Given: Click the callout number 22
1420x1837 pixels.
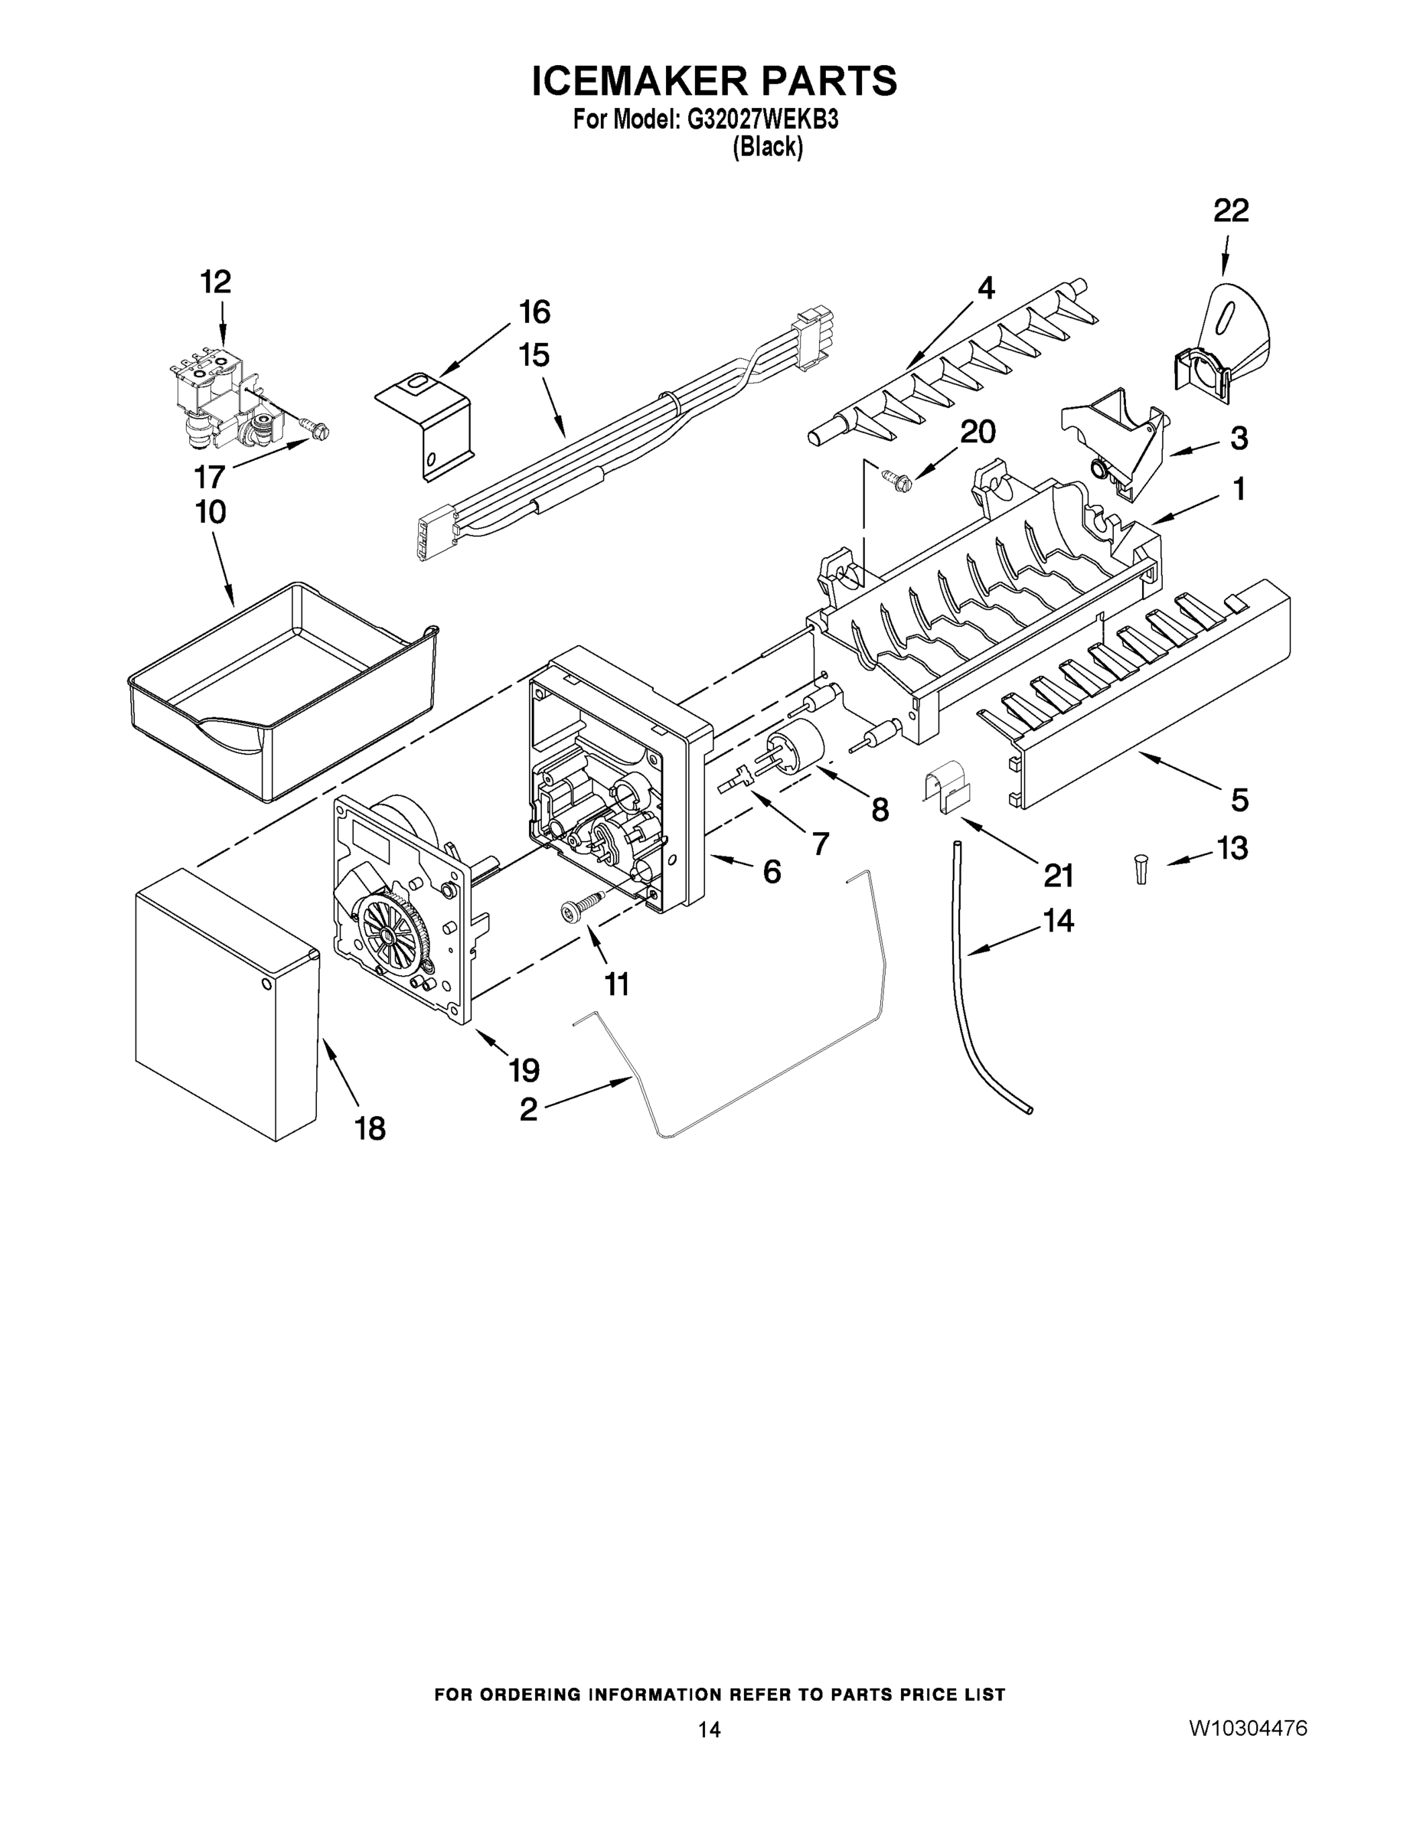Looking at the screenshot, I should [1230, 210].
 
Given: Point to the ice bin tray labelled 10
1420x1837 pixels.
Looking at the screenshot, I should [282, 690].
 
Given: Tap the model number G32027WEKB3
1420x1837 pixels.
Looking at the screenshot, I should [762, 119].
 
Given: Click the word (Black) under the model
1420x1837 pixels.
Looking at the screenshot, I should [766, 148].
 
